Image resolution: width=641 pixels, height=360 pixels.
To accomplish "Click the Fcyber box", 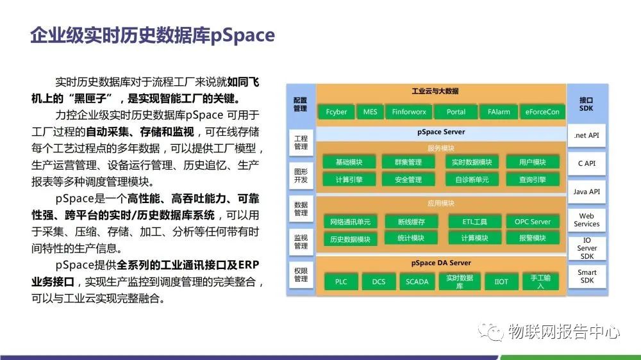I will click(337, 111).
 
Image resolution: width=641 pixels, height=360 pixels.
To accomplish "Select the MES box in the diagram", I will click(370, 111).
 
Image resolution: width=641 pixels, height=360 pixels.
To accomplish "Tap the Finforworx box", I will click(409, 111).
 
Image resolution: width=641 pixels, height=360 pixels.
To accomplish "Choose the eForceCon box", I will click(542, 111).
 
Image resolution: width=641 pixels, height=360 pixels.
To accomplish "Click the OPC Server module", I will click(533, 222).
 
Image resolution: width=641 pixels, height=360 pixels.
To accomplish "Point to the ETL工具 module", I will click(475, 222).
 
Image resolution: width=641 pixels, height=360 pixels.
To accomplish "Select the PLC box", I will click(341, 281).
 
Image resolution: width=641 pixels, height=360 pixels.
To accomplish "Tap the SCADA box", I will click(417, 281).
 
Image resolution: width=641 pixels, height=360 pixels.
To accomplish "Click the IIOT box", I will click(501, 281).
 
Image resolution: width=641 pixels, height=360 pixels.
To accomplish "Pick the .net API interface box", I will click(587, 136).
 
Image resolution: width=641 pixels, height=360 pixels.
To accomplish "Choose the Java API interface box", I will click(587, 192).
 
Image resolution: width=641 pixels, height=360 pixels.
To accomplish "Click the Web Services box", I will click(587, 220).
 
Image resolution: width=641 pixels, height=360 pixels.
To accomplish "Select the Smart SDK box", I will click(587, 276).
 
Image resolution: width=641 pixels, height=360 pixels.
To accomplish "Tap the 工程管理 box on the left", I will click(301, 142).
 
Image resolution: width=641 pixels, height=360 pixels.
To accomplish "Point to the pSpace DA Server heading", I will click(441, 263).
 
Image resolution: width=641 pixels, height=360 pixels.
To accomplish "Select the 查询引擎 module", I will click(533, 179).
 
